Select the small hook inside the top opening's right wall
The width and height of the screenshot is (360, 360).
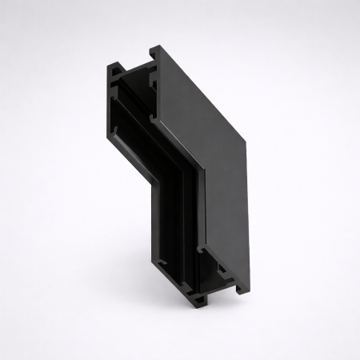(x=151, y=80)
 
